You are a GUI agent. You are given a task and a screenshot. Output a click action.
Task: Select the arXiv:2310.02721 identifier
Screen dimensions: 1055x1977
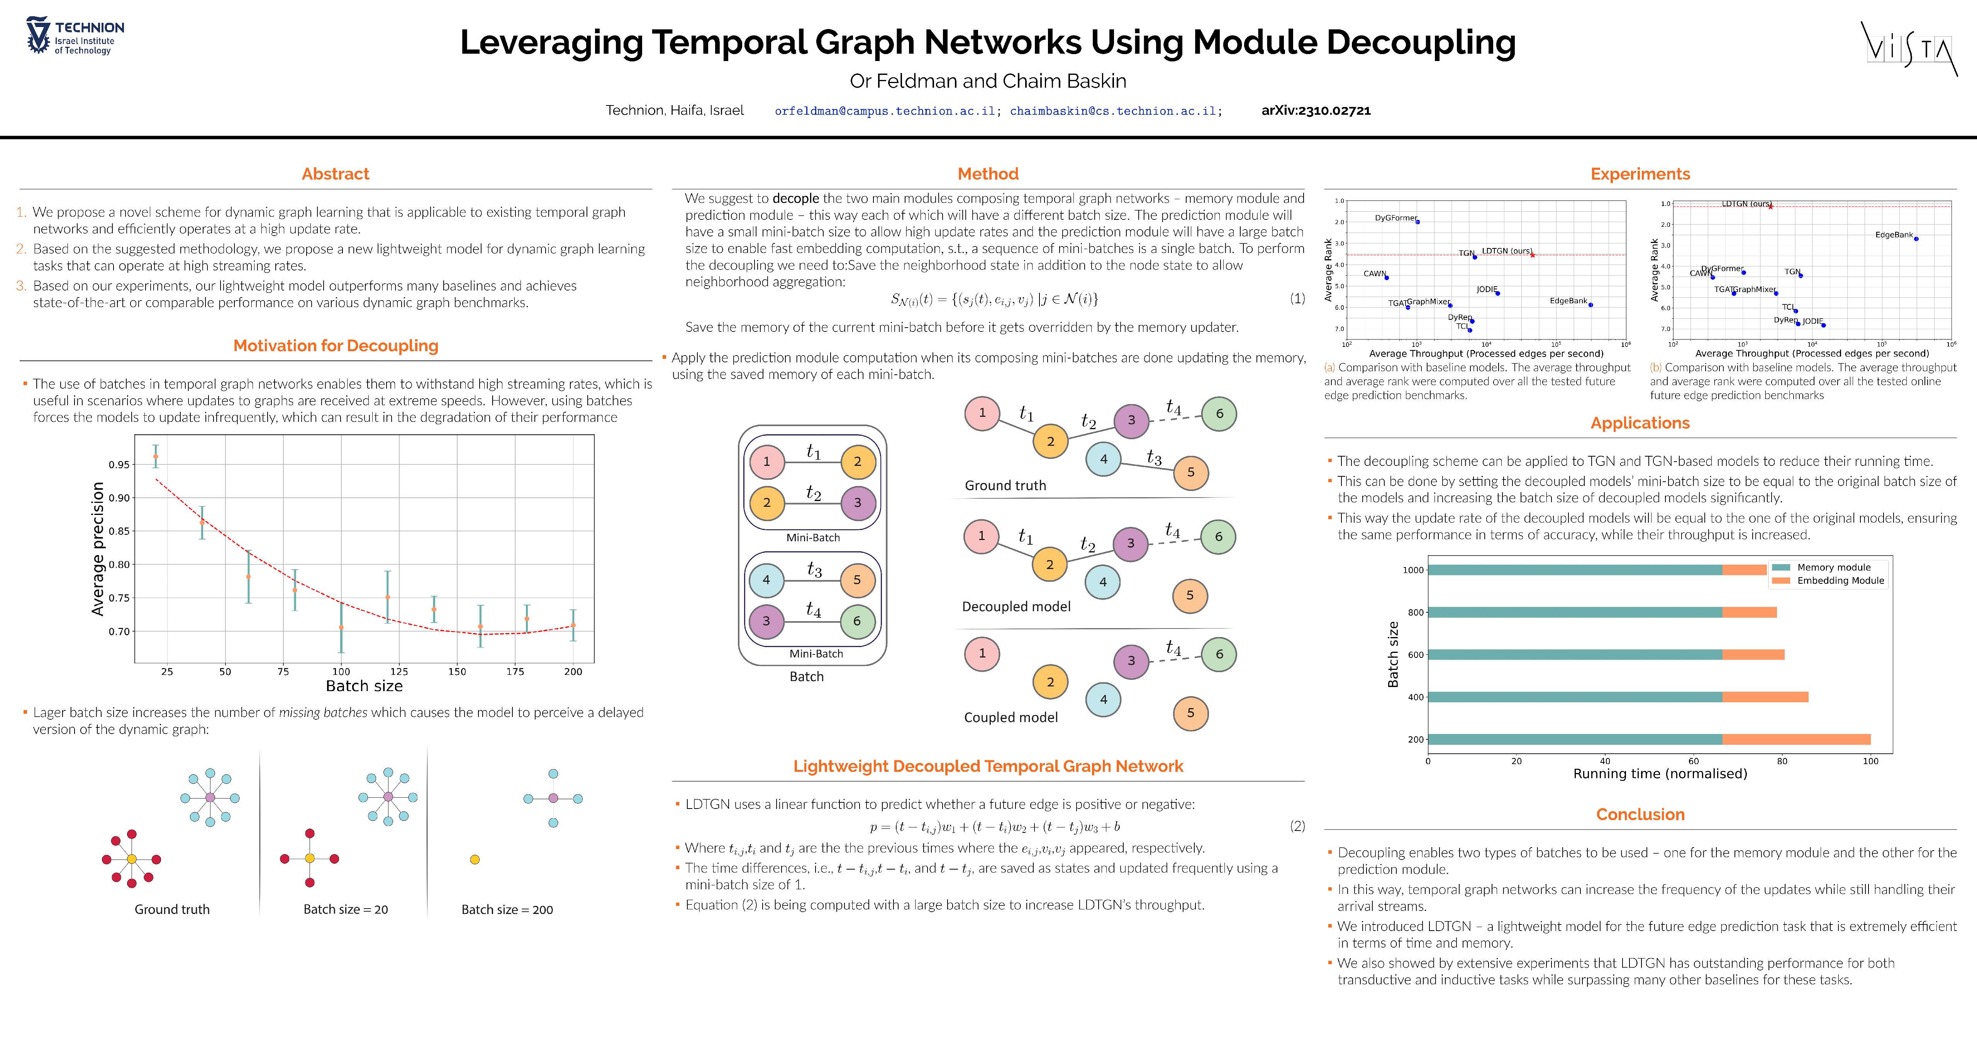1316,110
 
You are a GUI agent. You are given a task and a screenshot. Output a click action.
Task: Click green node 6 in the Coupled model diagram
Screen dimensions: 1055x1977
1219,654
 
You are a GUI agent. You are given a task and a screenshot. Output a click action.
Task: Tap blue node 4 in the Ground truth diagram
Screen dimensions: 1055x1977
1104,459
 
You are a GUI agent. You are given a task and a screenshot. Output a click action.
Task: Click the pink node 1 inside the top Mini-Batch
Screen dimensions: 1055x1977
766,462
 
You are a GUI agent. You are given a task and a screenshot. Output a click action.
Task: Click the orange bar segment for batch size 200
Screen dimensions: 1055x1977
1796,739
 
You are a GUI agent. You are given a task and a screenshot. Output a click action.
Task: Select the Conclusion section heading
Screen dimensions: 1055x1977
1640,815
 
